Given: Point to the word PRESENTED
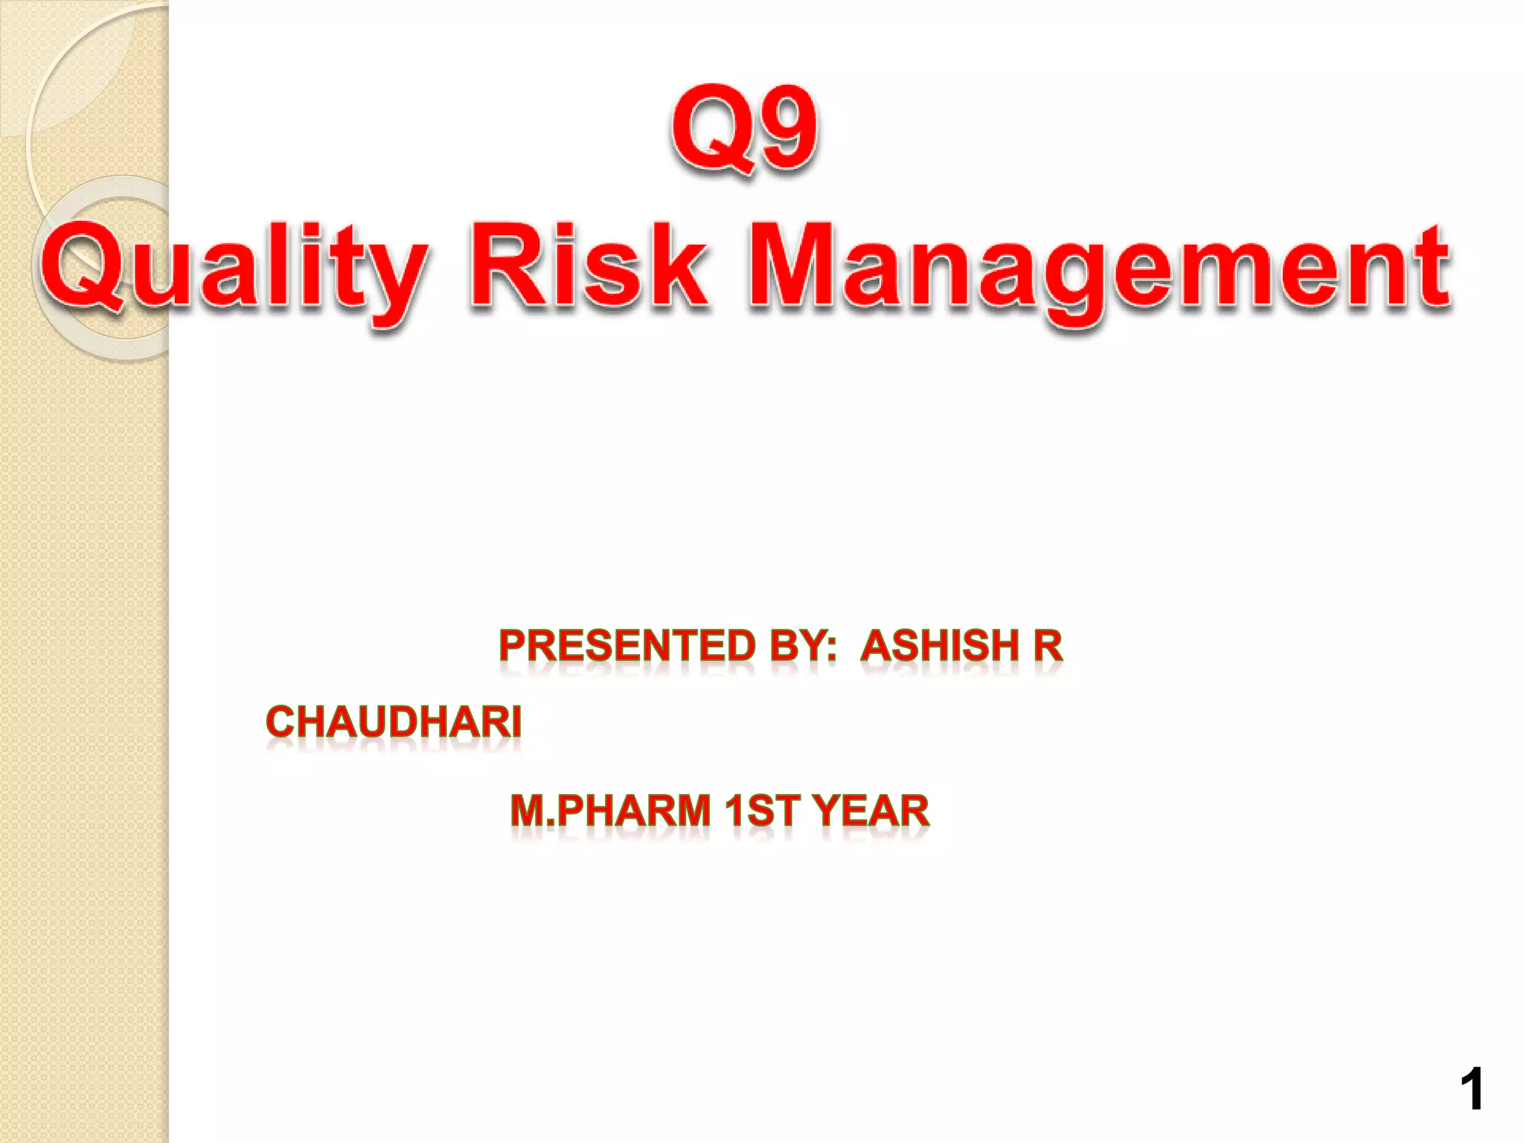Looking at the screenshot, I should click(627, 645).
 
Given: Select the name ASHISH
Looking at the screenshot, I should click(940, 645).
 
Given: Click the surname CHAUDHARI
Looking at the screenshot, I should click(394, 723).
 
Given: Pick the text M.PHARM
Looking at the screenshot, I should click(610, 810).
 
